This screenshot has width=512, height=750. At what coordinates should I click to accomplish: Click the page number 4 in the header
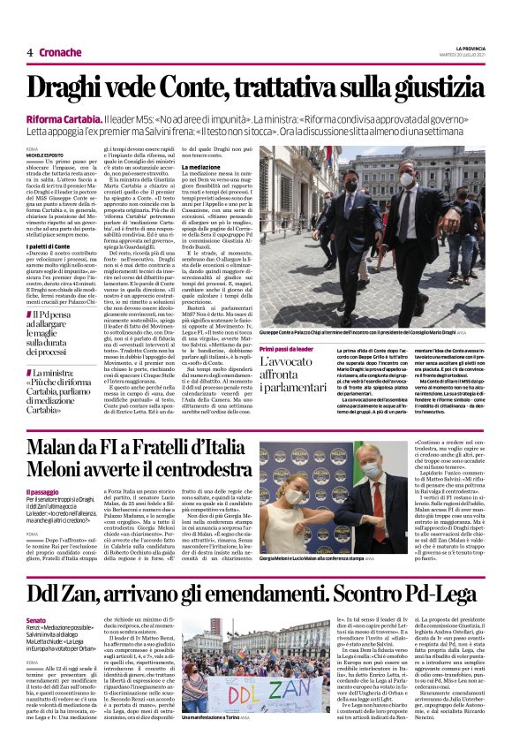pyautogui.click(x=30, y=53)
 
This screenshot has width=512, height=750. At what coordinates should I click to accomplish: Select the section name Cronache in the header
pyautogui.click(x=61, y=53)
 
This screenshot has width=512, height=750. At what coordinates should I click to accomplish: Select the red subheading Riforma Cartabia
pyautogui.click(x=63, y=117)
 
